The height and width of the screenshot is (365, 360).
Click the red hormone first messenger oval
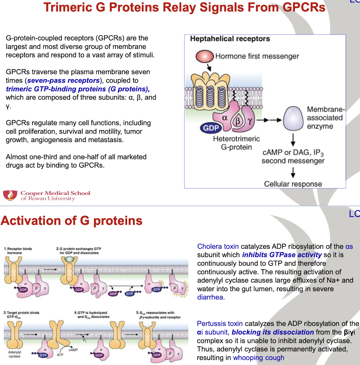pos(205,57)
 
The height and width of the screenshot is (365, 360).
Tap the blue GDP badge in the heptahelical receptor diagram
pos(211,128)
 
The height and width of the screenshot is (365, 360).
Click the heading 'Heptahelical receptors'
pos(230,39)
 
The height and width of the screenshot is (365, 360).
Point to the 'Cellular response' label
pos(293,184)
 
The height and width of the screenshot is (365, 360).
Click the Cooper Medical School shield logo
pos(10,195)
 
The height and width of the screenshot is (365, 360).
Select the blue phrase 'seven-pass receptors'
pos(63,81)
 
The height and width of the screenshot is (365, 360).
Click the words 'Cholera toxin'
pos(218,247)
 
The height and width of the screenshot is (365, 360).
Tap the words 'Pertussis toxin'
pos(220,324)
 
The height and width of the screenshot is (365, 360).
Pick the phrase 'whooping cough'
pos(258,358)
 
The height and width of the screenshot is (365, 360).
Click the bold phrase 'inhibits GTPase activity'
pos(282,255)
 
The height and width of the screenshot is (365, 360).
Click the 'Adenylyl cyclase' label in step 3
pos(14,354)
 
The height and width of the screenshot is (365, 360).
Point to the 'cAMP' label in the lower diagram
pos(73,350)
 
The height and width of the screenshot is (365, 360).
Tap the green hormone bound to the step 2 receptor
pos(69,259)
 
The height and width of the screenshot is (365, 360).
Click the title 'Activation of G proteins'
pos(71,221)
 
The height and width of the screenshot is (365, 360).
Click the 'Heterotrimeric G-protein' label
pos(236,143)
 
